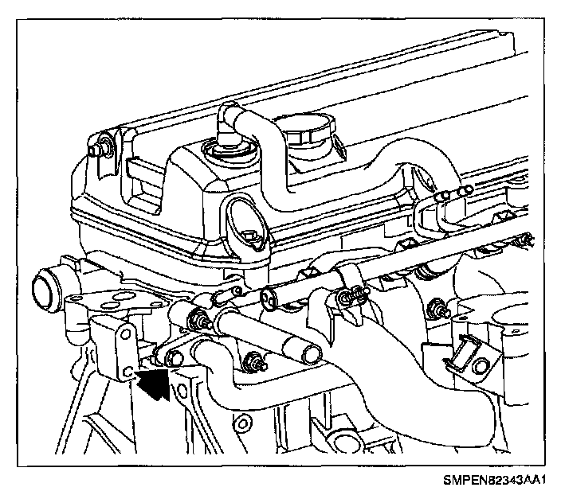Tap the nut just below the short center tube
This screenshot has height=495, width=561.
257,364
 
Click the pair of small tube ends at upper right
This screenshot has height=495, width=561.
461,191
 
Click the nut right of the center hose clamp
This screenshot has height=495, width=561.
437,306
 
